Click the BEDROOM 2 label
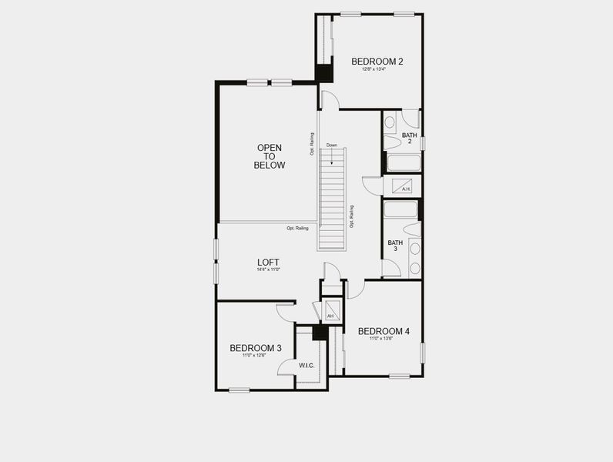coord(377,61)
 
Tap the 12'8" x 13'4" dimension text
coord(377,69)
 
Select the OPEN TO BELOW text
coord(270,156)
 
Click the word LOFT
coord(268,263)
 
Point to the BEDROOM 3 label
coord(256,348)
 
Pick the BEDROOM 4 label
coord(384,331)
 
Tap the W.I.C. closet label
coord(306,365)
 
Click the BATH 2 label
coord(410,139)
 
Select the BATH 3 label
coord(395,246)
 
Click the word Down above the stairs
coord(331,145)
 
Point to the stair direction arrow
coord(332,157)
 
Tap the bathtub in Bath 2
coord(403,163)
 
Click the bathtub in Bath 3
coord(400,209)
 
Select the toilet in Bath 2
coord(389,122)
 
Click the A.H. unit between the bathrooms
coord(403,186)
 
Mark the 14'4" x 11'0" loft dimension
coord(268,270)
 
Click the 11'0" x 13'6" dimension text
coord(384,339)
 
